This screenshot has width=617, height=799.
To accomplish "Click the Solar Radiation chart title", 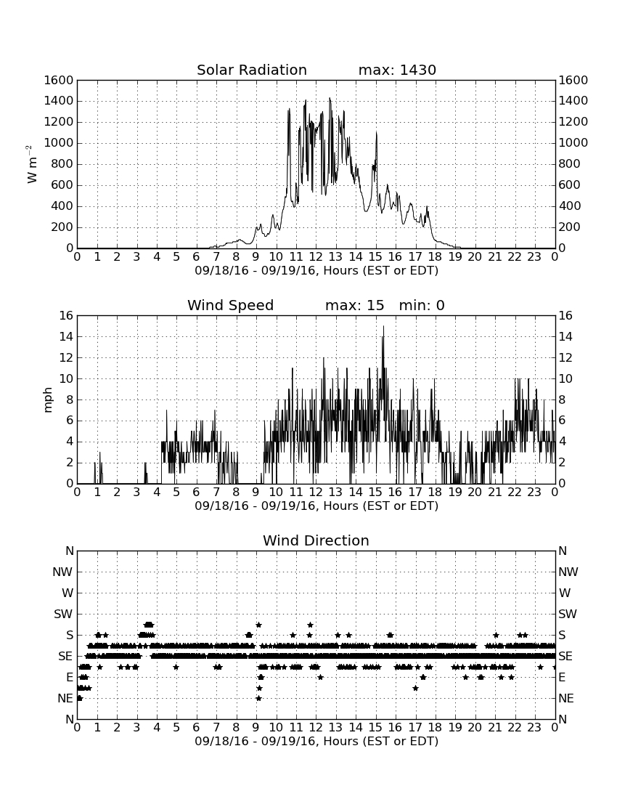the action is point(252,70).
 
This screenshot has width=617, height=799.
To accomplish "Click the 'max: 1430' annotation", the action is point(397,70).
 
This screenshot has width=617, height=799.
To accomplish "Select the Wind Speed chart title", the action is point(231,305).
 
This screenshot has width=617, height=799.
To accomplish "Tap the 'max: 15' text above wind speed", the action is point(354,305).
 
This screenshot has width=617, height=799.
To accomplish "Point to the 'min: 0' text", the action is point(422,305).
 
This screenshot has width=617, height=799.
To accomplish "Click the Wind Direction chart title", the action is point(316,540).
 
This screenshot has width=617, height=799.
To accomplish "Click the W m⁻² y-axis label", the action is point(31,164).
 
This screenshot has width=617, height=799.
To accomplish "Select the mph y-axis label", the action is point(48,400).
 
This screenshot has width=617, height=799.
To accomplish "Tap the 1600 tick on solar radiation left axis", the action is point(59,80).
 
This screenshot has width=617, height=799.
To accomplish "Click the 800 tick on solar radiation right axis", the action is point(570,163).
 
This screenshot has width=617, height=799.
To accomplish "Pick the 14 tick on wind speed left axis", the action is point(67,336).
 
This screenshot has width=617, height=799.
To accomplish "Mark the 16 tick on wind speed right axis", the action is point(565,315).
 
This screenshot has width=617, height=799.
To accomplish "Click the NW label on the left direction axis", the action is point(62,572).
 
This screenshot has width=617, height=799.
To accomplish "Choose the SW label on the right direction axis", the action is point(568,614).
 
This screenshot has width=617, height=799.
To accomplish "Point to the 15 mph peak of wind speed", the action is point(383,326).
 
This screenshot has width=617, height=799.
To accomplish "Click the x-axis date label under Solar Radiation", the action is point(316,271).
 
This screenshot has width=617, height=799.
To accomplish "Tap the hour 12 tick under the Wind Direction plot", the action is point(316,727).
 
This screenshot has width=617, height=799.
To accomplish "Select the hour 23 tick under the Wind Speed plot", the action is point(534,492).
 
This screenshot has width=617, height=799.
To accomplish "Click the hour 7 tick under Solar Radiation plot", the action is point(216,256).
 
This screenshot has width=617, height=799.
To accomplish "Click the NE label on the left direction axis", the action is point(65,698).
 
